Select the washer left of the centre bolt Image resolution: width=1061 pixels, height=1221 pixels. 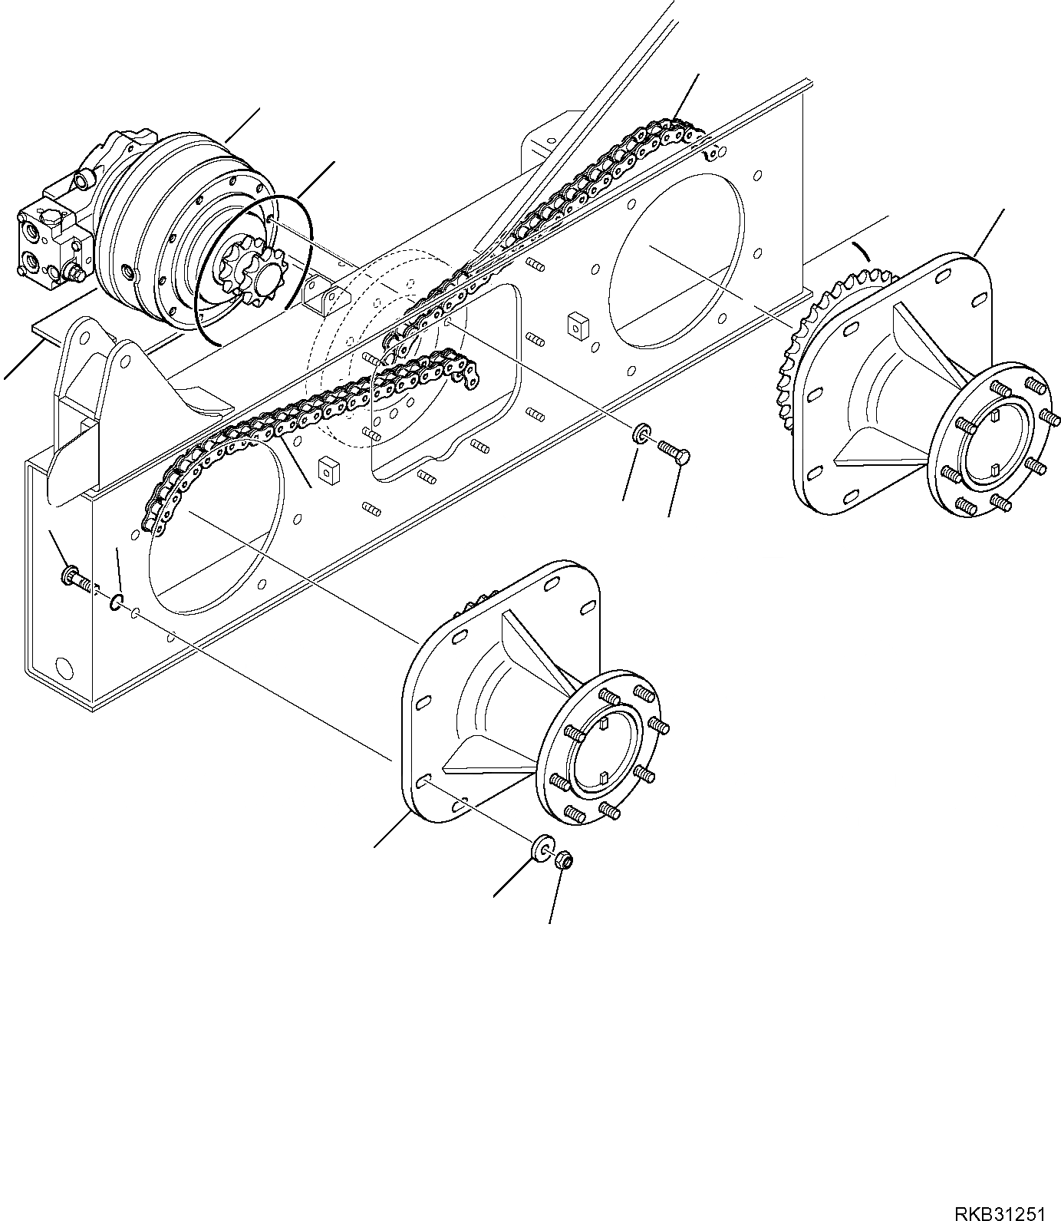click(639, 435)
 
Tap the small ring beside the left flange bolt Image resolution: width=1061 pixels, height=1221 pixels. click(116, 601)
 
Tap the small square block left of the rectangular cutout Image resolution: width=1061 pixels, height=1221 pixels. click(328, 471)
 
